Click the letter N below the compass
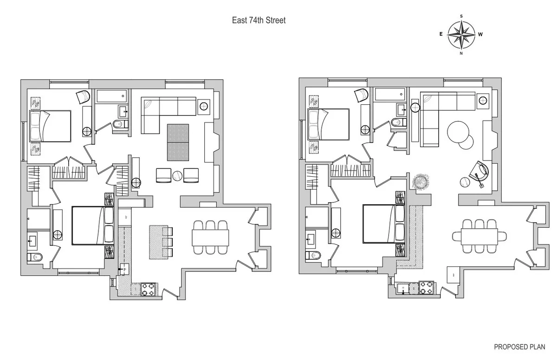461,53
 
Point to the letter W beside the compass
480,34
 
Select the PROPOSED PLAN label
519,347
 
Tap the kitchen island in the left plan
157,242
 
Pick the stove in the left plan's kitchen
150,289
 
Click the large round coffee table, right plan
458,131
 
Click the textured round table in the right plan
421,181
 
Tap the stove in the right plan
426,288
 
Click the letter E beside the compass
441,34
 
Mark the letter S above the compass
461,16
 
